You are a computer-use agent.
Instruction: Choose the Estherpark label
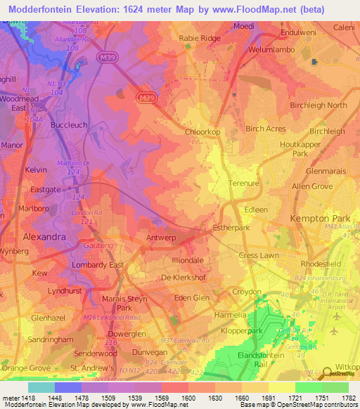point(232,228)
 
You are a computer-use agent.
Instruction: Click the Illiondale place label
point(185,259)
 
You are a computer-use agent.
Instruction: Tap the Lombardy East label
point(98,265)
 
